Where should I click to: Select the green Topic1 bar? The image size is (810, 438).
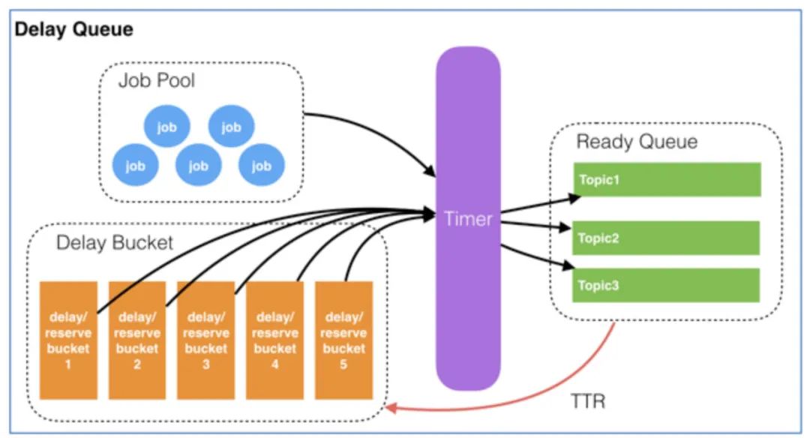coord(666,180)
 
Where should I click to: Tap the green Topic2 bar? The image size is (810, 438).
coord(666,238)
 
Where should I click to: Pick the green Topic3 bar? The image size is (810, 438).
coord(666,285)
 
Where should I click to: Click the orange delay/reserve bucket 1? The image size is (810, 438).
coord(68,340)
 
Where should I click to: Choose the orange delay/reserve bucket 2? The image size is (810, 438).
coord(137,340)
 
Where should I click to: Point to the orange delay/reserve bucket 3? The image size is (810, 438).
coord(205,340)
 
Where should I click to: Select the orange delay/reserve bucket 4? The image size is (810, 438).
coord(274,340)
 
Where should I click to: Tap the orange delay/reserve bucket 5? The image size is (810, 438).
coord(343,340)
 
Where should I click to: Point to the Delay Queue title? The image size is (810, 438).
coord(73,30)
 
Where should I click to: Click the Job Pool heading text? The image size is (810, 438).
coord(156,80)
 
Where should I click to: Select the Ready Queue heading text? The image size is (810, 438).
coord(637,142)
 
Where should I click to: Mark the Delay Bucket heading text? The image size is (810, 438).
coord(115,243)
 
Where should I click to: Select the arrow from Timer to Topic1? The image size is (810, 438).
coord(540,205)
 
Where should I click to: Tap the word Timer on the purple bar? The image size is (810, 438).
coord(468,218)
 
